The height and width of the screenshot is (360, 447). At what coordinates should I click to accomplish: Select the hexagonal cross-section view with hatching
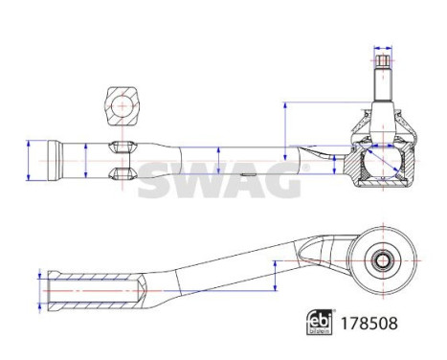click(121, 101)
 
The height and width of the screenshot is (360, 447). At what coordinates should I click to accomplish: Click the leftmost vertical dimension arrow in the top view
click(31, 159)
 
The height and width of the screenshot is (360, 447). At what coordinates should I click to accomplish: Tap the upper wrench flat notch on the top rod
click(121, 147)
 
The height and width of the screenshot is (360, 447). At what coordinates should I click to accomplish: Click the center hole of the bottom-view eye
click(381, 259)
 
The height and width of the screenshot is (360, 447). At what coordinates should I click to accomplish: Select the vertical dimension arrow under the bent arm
click(275, 277)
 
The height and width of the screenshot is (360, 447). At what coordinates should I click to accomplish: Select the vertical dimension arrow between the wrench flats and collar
click(87, 159)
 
